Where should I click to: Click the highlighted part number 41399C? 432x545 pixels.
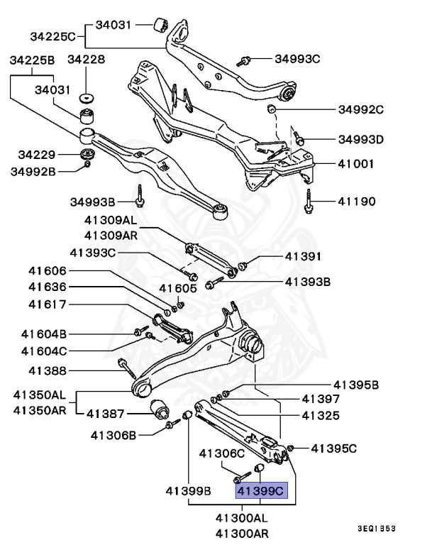(x=261, y=490)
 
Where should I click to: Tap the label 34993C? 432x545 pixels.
(x=297, y=59)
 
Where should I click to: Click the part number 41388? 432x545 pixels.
(x=48, y=370)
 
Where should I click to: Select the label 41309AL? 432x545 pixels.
(x=111, y=221)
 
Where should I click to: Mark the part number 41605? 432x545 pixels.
(x=177, y=288)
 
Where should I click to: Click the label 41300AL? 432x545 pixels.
(x=243, y=519)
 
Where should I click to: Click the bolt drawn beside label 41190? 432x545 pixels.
(x=310, y=201)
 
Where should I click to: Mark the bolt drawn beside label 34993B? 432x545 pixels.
(x=141, y=196)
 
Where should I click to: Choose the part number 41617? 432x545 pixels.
(x=48, y=305)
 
